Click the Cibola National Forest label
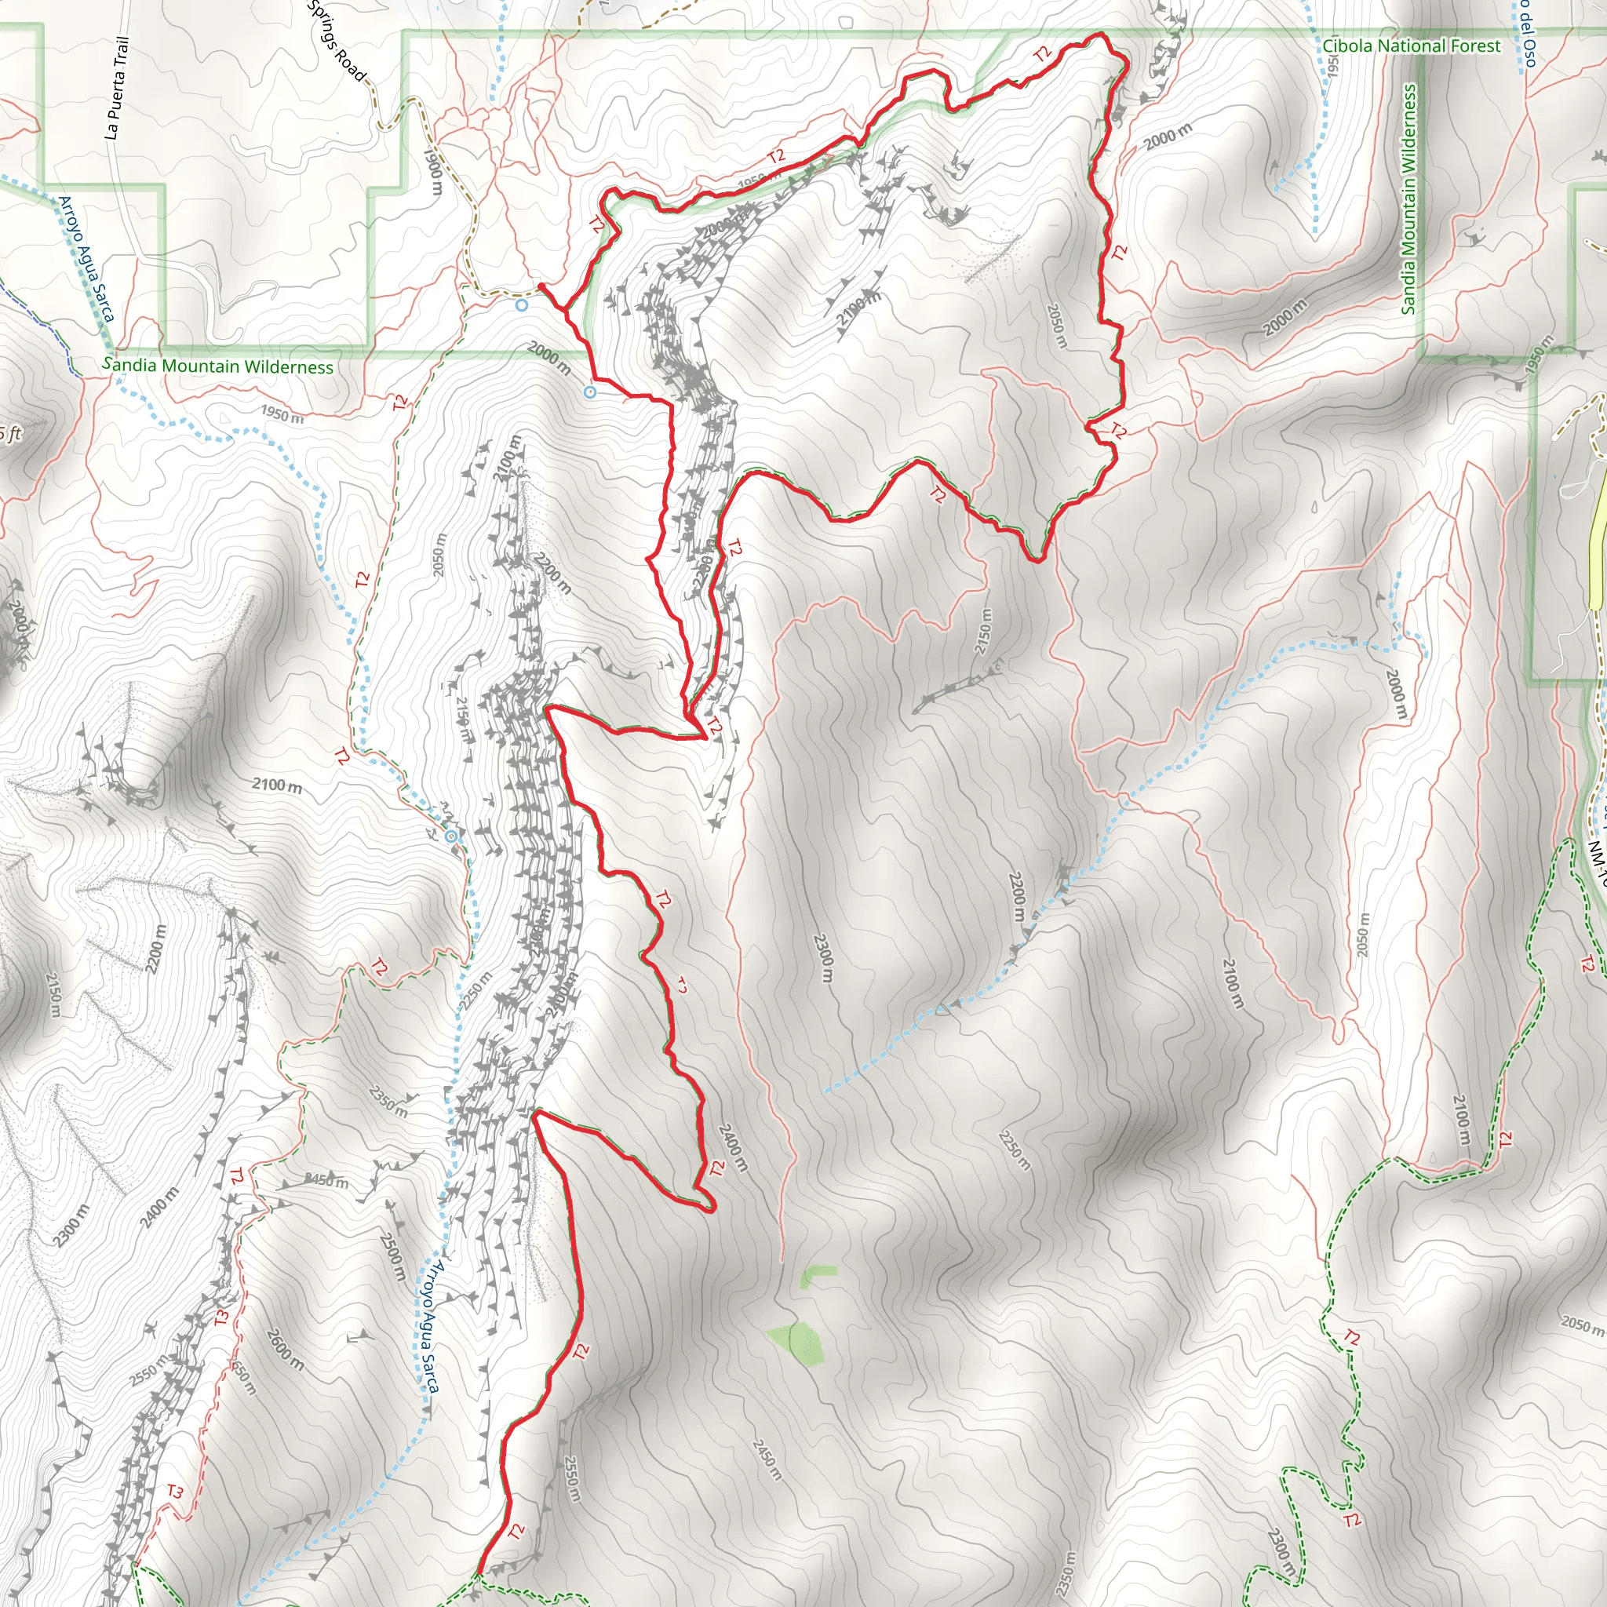[x=1412, y=46]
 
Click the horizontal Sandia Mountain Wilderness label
[x=218, y=365]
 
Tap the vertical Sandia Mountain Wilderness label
[x=1408, y=199]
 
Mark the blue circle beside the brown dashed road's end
[x=522, y=305]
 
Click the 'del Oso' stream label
[x=1526, y=33]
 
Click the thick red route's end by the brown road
[x=541, y=286]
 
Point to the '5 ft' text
[x=10, y=433]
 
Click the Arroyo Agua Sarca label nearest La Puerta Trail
[x=86, y=259]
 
